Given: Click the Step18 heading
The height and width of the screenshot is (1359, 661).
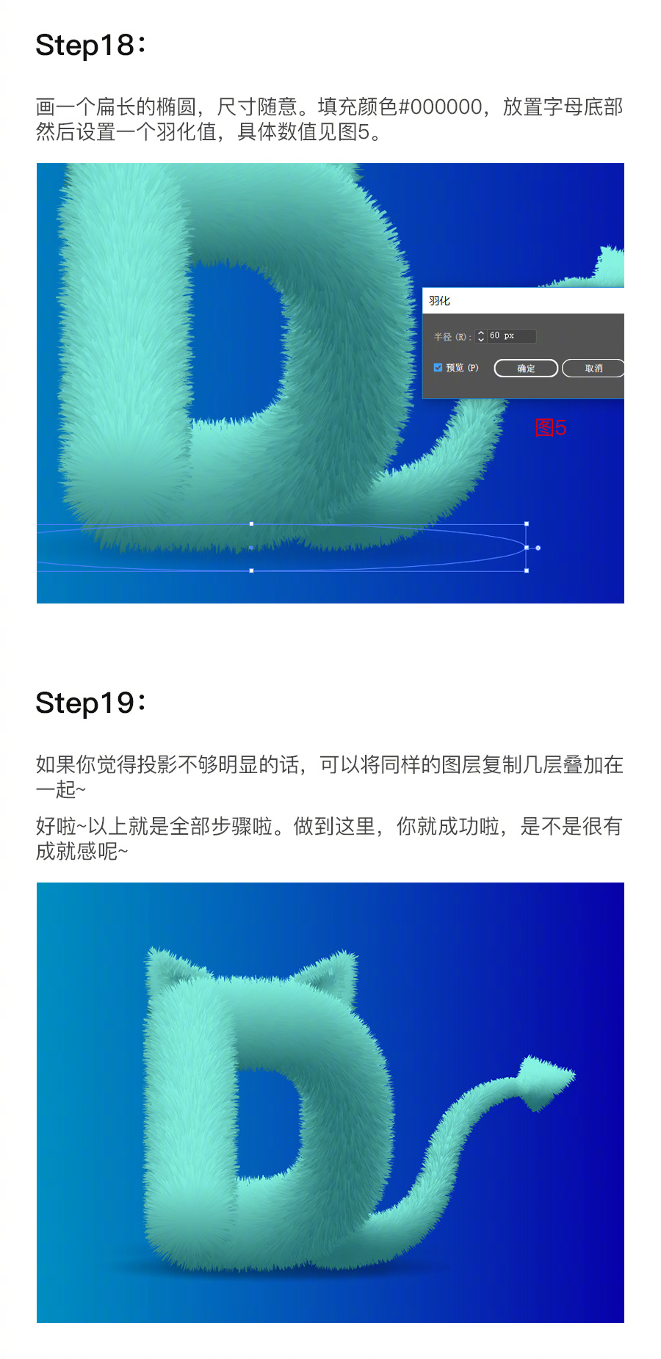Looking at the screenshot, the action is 90,46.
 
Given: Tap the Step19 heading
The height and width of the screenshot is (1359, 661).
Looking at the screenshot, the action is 90,703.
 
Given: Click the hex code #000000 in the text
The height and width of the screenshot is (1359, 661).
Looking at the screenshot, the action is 440,107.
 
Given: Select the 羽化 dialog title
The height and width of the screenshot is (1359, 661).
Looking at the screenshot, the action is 439,301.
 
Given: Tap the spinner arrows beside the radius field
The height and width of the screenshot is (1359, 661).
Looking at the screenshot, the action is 481,336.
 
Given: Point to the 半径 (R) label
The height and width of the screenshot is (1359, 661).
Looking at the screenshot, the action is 452,337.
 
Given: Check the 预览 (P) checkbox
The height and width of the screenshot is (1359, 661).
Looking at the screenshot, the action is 438,368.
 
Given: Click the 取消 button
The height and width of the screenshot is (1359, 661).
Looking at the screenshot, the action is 593,369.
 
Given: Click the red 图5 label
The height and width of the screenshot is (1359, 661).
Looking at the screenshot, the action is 551,427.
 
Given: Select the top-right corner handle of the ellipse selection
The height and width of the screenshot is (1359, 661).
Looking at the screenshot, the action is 527,524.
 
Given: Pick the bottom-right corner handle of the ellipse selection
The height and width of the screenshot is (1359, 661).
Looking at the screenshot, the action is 527,570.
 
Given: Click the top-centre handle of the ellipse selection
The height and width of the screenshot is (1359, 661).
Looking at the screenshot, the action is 252,524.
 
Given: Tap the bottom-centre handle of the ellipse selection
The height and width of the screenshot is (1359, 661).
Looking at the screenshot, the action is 252,570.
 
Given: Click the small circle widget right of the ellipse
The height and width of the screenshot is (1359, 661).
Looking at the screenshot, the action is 538,548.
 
